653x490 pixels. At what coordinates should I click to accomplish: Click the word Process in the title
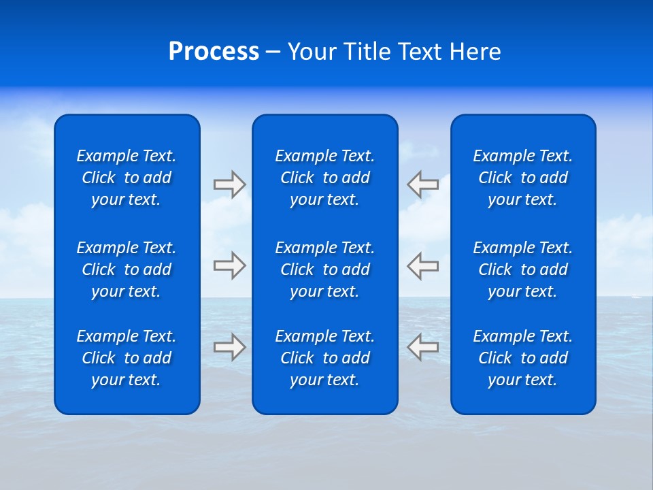pyautogui.click(x=214, y=52)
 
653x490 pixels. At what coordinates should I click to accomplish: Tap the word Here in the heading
pyautogui.click(x=475, y=52)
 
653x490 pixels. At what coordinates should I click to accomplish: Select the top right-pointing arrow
pyautogui.click(x=229, y=184)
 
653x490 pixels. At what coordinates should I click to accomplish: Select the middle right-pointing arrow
pyautogui.click(x=229, y=265)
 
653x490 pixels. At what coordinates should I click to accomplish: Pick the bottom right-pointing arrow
pyautogui.click(x=229, y=347)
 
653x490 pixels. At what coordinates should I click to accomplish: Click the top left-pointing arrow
pyautogui.click(x=422, y=184)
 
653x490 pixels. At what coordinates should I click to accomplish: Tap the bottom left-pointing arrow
pyautogui.click(x=422, y=347)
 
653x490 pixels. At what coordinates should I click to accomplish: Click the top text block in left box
pyautogui.click(x=127, y=178)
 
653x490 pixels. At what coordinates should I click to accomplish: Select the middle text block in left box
pyautogui.click(x=127, y=269)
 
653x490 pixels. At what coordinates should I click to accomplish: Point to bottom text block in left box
pyautogui.click(x=127, y=358)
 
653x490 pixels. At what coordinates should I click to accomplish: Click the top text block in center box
pyautogui.click(x=324, y=178)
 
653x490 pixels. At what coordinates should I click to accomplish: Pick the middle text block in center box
pyautogui.click(x=324, y=269)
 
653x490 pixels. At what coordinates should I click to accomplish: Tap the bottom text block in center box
pyautogui.click(x=324, y=358)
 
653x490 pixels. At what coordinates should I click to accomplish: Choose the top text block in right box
pyautogui.click(x=522, y=178)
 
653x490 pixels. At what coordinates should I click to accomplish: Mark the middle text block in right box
pyautogui.click(x=522, y=269)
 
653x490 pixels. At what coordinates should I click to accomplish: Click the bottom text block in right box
pyautogui.click(x=522, y=358)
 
